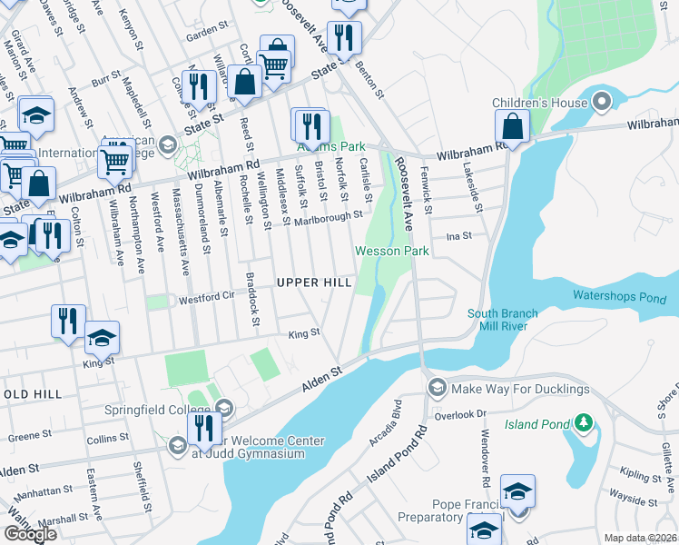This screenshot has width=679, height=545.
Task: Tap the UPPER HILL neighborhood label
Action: (314, 283)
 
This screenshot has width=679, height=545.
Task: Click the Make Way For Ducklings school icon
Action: (437, 389)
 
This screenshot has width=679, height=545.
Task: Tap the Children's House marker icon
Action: (601, 102)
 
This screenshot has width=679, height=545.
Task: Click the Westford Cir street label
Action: (202, 296)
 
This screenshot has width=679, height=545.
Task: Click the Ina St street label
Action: (459, 236)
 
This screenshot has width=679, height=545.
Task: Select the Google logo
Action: (30, 534)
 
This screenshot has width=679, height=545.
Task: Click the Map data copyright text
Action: (641, 538)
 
